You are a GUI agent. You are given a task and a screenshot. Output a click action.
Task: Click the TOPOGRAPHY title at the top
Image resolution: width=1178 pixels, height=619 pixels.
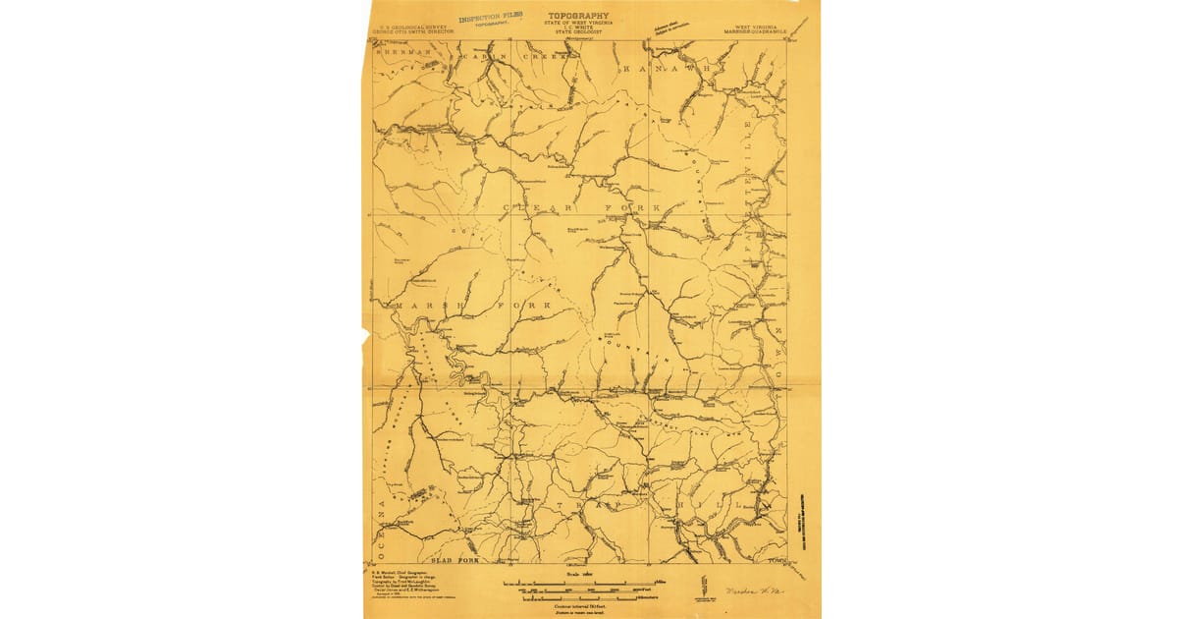pos(579,16)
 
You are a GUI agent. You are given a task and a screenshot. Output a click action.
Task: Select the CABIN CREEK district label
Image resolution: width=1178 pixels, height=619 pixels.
pos(514,57)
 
